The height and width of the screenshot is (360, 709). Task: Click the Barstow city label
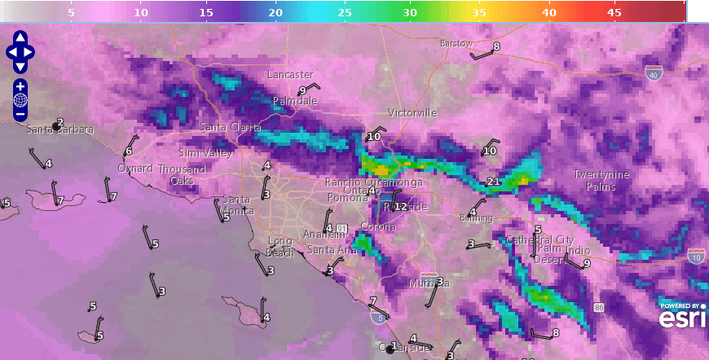coord(456,43)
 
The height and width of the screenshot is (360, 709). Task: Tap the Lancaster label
coord(290,75)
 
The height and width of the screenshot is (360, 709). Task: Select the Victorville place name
coord(412,112)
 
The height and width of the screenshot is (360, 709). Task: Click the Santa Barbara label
coord(60,130)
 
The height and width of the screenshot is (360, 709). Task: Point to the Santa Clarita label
coord(231,128)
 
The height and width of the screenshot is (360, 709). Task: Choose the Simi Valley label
coord(205,153)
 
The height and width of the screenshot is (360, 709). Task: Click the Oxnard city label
coord(135,169)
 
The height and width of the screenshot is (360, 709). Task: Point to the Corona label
coord(378,226)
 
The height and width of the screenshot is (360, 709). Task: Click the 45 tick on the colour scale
coord(614,13)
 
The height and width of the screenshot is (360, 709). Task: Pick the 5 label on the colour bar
coord(72,13)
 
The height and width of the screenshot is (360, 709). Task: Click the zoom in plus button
coord(20,86)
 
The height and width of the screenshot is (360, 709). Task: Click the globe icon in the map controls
coord(20,100)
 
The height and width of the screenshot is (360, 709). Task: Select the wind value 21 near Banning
coord(493,181)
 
